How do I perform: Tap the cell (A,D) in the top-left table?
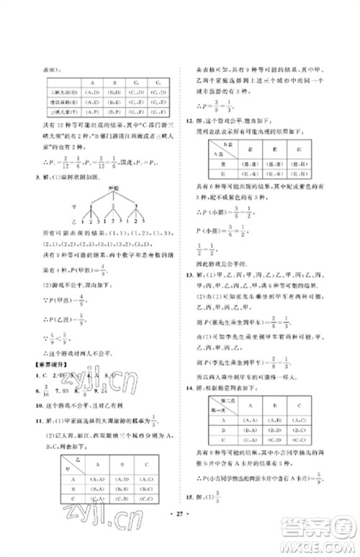pyautogui.click(x=93, y=93)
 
